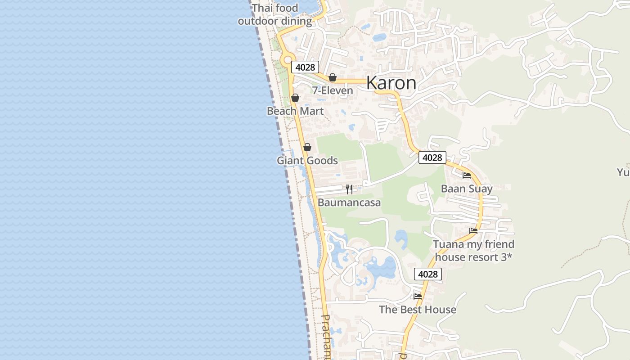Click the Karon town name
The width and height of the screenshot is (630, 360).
(391, 83)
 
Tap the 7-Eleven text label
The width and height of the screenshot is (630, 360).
(333, 90)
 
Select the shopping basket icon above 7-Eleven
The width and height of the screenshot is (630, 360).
(333, 77)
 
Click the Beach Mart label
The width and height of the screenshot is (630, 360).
(295, 111)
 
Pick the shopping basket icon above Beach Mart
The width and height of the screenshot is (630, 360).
(295, 98)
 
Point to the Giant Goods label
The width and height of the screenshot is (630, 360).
(307, 161)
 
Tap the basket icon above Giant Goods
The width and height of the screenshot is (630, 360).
(307, 147)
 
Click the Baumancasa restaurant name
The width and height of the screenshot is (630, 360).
(349, 202)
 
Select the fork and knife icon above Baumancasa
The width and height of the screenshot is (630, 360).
(349, 189)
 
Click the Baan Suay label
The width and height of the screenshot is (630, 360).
(467, 189)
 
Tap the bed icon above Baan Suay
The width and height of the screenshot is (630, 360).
(467, 175)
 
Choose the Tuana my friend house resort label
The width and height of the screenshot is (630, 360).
(473, 251)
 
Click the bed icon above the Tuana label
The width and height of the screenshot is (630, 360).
(473, 231)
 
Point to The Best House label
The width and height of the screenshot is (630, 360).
(418, 310)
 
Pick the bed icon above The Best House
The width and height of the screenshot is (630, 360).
(418, 297)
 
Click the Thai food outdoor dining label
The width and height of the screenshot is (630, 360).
(275, 14)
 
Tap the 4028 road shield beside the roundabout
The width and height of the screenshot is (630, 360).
(305, 67)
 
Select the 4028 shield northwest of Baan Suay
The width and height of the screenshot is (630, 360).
(432, 157)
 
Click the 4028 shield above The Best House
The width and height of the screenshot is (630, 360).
(428, 274)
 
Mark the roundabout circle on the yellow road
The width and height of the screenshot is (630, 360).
(287, 60)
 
